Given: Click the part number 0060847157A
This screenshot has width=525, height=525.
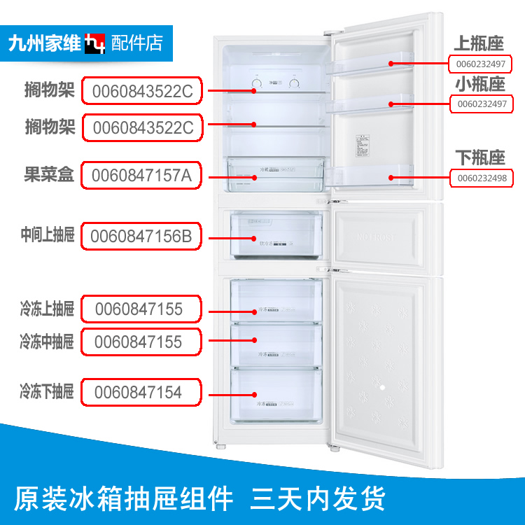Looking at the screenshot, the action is (x=141, y=175).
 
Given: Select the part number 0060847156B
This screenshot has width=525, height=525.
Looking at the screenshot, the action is (x=141, y=236).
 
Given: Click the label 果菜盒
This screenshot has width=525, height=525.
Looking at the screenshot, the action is (x=49, y=175).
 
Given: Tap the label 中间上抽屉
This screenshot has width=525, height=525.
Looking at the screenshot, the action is (x=47, y=236).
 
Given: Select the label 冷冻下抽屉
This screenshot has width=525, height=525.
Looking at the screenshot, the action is (x=47, y=392).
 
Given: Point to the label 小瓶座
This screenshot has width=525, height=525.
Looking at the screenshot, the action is (x=480, y=85).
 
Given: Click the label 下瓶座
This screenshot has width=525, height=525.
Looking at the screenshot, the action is (x=480, y=157).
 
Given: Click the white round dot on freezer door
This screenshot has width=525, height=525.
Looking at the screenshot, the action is (x=382, y=386).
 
